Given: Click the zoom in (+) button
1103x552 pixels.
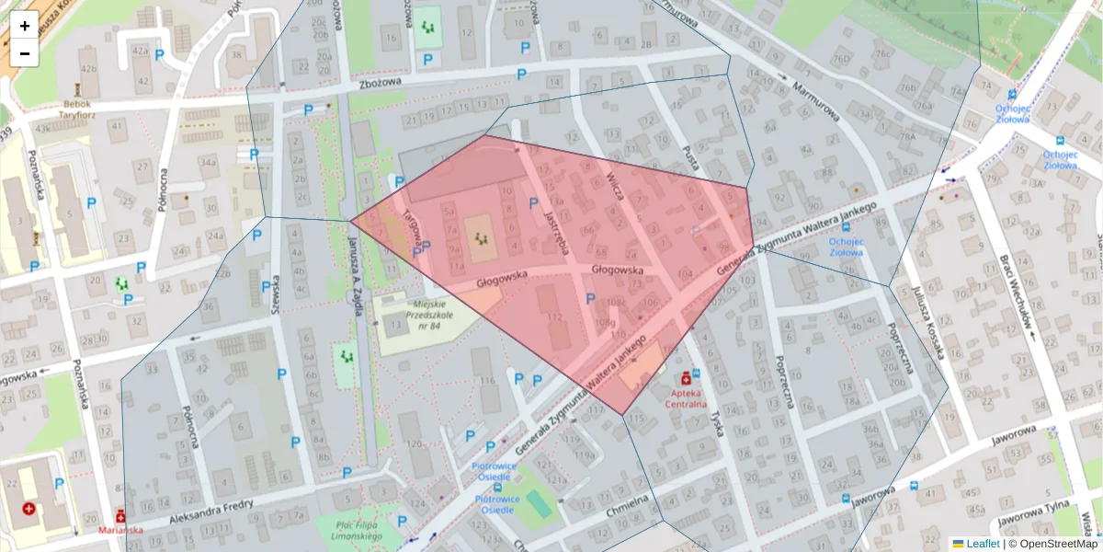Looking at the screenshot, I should click(25, 26).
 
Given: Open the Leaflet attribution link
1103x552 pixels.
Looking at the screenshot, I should click(982, 544).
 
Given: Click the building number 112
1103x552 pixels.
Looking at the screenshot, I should click(554, 317).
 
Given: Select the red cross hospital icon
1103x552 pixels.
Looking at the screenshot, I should click(29, 508).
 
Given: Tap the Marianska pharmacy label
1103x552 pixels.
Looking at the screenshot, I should click(120, 530).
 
